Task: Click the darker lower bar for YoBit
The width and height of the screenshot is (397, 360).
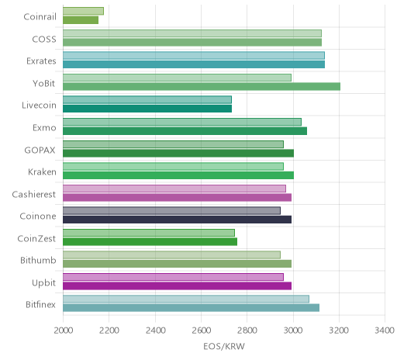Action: [x=202, y=87]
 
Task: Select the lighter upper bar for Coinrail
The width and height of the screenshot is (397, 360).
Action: [x=83, y=11]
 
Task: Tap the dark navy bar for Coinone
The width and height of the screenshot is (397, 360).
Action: [x=177, y=220]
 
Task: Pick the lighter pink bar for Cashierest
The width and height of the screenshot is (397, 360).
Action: [x=174, y=189]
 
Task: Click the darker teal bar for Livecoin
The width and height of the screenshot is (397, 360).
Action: [x=147, y=109]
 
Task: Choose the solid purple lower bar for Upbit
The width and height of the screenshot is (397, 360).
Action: [x=177, y=286]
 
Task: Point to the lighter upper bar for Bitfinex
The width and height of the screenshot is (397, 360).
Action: [x=186, y=299]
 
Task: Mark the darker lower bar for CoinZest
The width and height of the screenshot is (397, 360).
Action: [x=150, y=242]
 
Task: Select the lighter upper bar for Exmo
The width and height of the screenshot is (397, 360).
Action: [x=182, y=122]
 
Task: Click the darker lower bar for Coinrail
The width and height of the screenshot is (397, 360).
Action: [x=81, y=20]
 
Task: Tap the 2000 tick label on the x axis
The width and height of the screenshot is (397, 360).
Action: [x=64, y=331]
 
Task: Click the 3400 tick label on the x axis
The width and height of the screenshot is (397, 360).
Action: [x=385, y=331]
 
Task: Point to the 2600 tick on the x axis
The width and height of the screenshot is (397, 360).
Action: [x=201, y=331]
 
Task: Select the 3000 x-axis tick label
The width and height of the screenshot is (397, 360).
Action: [x=293, y=331]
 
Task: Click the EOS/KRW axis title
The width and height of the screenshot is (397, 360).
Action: [x=224, y=347]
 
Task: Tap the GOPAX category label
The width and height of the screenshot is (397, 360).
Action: [x=40, y=151]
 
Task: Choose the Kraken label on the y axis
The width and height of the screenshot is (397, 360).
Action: [x=42, y=172]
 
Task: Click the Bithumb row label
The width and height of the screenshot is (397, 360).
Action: [x=38, y=260]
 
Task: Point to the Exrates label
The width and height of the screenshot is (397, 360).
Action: [x=41, y=61]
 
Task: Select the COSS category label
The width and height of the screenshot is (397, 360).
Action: [x=44, y=40]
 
